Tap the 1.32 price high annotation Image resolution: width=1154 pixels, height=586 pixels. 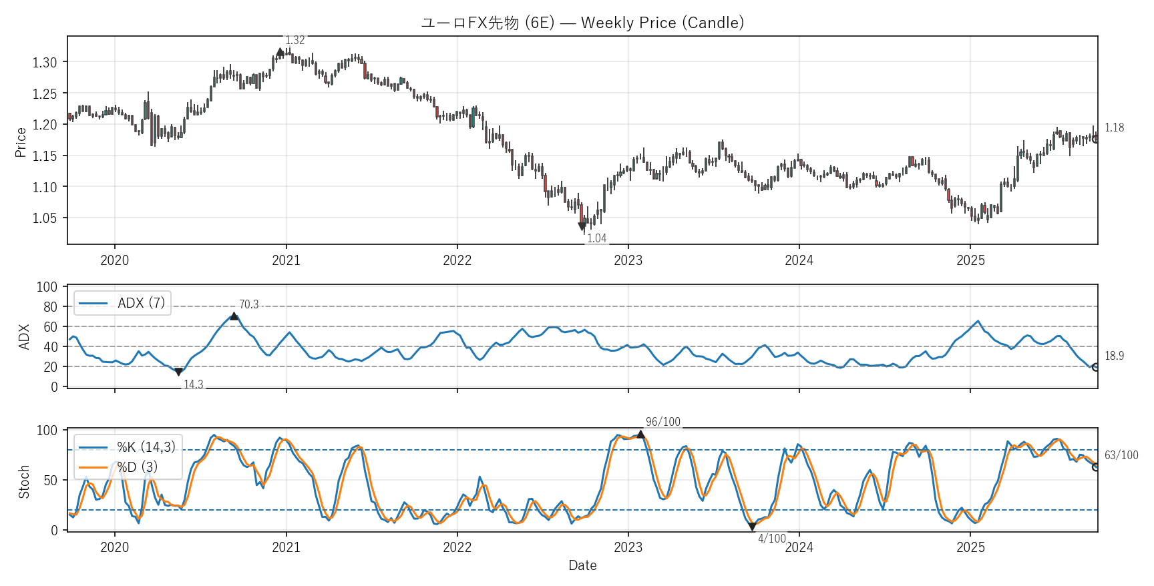pos(295,41)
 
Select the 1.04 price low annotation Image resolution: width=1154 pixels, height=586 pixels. pos(596,238)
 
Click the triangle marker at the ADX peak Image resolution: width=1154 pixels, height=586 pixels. pos(234,316)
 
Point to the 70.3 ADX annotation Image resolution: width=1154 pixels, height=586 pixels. pos(248,304)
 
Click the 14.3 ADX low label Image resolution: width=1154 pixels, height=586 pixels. pos(193,384)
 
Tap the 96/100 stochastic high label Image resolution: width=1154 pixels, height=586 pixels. pos(662,422)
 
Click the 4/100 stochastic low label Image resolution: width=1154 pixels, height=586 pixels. pos(771,539)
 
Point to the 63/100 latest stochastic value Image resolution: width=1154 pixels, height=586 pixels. pos(1121,455)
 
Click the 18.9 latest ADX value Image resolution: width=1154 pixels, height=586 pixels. pos(1114,356)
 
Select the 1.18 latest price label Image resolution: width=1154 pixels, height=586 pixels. pos(1114,127)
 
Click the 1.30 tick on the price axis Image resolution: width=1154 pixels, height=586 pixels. pos(45,62)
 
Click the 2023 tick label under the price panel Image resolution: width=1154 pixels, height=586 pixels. pos(628,260)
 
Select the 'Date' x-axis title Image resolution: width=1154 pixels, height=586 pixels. pos(582,565)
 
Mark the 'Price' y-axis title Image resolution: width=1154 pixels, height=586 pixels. pos(21,142)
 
